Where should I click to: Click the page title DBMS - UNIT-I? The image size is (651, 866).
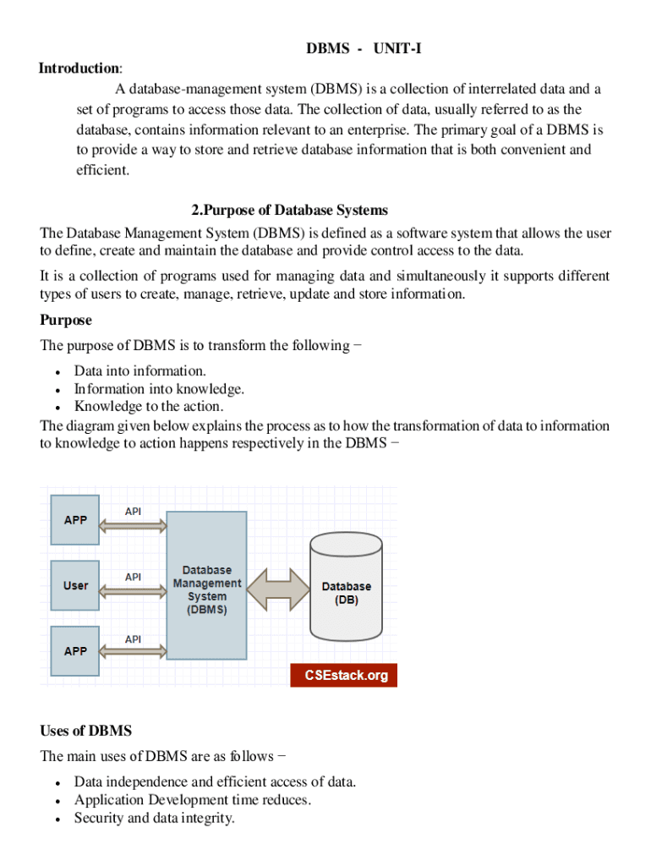[364, 49]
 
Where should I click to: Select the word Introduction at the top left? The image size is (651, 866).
[79, 69]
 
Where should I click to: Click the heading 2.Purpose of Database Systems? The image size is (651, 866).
[290, 211]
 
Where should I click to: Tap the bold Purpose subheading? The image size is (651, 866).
[66, 321]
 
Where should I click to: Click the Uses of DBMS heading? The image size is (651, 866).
[86, 731]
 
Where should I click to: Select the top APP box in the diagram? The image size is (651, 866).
[75, 519]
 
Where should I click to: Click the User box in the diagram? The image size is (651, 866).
[75, 585]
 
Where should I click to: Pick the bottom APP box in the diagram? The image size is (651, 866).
[75, 651]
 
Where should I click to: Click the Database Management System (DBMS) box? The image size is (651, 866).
[207, 585]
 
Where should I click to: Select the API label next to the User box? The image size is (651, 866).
[134, 577]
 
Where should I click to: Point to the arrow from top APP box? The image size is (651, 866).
[133, 526]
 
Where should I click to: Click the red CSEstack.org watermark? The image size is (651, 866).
[344, 676]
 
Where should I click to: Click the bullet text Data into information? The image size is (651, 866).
[139, 371]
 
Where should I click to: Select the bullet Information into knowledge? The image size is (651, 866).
[159, 389]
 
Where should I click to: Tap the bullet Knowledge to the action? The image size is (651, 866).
[149, 407]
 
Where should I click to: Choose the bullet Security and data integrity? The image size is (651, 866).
[154, 819]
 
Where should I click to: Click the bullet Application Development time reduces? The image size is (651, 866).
[193, 800]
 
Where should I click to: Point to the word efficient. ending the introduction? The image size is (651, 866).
[103, 170]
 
